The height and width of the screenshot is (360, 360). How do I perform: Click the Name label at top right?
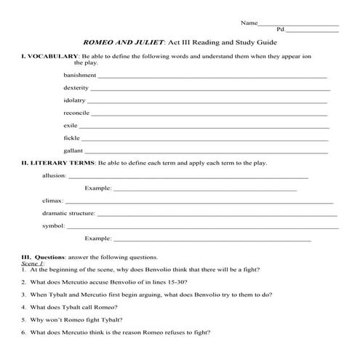(249, 23)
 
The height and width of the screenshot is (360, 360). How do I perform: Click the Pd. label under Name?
(281, 31)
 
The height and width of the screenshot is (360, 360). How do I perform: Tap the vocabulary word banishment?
(79, 75)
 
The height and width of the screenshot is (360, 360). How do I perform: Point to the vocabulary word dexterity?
(76, 87)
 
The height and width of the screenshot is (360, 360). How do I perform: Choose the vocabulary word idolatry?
(74, 100)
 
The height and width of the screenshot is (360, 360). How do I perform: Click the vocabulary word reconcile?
(76, 113)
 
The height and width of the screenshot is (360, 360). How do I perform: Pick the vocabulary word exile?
(71, 125)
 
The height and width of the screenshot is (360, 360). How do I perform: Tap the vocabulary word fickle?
(71, 137)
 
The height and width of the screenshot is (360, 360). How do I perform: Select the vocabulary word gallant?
(73, 151)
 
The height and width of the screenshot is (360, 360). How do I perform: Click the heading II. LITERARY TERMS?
(57, 163)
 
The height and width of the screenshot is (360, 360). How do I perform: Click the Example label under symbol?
(97, 238)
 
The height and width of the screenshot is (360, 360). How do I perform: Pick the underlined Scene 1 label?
(32, 263)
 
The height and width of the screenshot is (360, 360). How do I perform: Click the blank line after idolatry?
(207, 101)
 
